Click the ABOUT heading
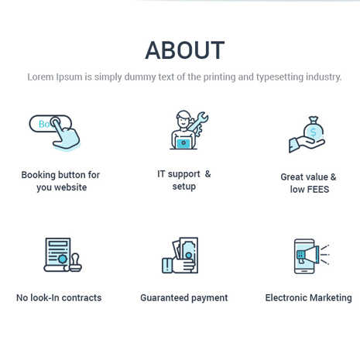185,50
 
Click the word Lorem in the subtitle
40,77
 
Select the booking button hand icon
55,132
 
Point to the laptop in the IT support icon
183,142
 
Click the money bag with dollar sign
314,129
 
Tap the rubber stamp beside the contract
76,262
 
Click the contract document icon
57,255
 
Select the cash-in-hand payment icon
180,255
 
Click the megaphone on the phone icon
309,255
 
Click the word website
70,187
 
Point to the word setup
184,187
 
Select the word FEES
317,190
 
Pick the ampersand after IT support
207,174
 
